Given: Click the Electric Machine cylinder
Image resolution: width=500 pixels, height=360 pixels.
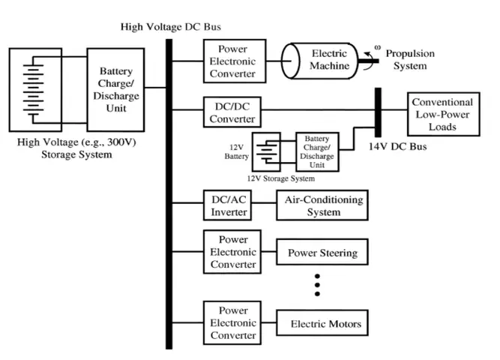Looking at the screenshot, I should (x=325, y=61).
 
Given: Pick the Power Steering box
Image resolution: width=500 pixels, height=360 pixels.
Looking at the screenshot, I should (x=322, y=252).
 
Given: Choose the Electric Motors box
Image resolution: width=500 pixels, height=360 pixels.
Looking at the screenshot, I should (x=325, y=324).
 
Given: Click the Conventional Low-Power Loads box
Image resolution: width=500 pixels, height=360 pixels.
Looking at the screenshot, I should (x=442, y=114).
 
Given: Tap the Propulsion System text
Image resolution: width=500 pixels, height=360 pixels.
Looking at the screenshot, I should (x=411, y=60).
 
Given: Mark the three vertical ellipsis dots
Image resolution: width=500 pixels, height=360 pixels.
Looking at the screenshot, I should (x=317, y=285).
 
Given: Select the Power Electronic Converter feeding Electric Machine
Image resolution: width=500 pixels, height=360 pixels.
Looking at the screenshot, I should (x=232, y=61).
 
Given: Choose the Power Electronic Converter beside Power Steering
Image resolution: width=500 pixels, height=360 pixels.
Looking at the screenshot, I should (x=232, y=252).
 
